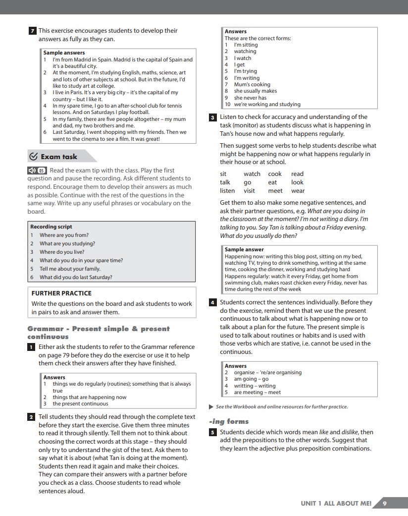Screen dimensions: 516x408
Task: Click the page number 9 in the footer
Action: coord(385,503)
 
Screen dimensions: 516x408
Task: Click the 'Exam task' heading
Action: coord(59,157)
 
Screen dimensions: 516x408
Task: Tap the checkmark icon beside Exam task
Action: coord(34,157)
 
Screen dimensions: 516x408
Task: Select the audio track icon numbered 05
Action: coord(37,171)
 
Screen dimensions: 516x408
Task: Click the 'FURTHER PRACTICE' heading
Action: coord(61,293)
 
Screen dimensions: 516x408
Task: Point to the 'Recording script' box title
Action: coord(51,227)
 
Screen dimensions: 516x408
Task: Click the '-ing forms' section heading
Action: coord(229,421)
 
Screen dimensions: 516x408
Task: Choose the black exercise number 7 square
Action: coord(32,31)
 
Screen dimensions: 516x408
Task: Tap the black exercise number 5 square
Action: coord(213,432)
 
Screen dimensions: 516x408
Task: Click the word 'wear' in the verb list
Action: coord(298,191)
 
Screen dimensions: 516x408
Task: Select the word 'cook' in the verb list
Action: coord(275,174)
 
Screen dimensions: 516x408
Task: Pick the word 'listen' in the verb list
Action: coord(227,191)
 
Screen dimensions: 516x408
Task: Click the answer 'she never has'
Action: coord(250,98)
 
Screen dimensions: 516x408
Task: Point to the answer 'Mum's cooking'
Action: coord(252,84)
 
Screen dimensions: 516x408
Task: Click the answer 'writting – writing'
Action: coord(255,386)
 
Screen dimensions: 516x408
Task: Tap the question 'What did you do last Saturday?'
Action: coord(76,277)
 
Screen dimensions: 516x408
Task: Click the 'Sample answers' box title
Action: coord(64,53)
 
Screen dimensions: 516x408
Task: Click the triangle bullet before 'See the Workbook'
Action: coord(212,407)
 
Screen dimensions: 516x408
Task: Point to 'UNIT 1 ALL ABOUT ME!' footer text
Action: coord(336,503)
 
